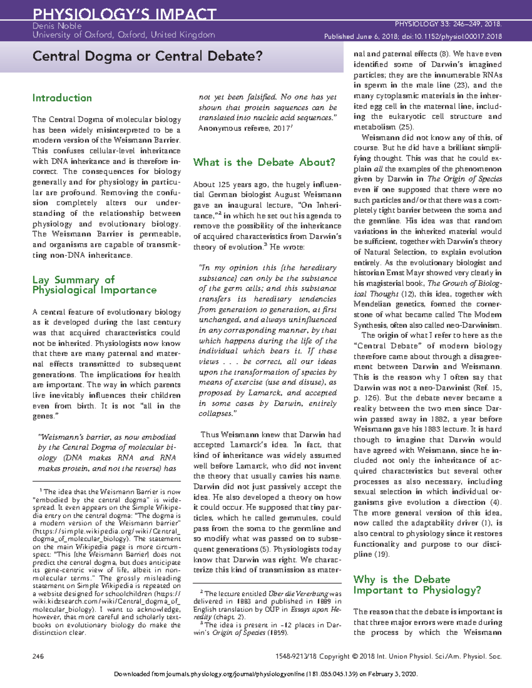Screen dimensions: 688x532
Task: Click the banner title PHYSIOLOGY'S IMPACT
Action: [x=124, y=14]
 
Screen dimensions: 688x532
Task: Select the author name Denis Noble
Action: [x=57, y=26]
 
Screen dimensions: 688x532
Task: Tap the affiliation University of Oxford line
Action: [x=123, y=35]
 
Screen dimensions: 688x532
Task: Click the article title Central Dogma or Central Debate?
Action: [x=147, y=56]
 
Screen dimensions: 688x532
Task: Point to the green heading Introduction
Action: [x=62, y=98]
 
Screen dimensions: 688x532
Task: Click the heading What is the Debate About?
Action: [x=264, y=162]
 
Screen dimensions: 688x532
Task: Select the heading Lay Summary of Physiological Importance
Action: [x=94, y=285]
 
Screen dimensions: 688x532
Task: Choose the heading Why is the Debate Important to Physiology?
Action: [x=417, y=585]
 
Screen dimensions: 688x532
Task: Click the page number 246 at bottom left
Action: [x=38, y=657]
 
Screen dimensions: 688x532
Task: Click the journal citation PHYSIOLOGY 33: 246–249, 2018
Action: [x=448, y=24]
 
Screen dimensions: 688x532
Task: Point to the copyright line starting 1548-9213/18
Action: [x=388, y=657]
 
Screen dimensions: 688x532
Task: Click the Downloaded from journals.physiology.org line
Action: [x=266, y=674]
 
